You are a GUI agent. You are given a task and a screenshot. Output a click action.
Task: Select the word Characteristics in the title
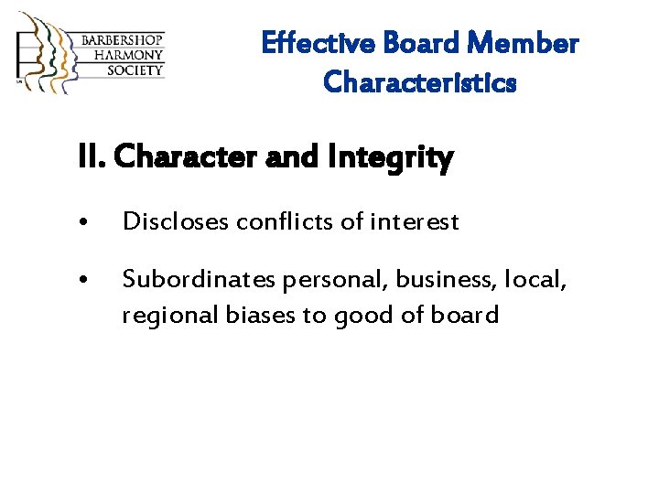[420, 83]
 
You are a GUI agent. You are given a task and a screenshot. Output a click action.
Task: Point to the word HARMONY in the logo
[123, 55]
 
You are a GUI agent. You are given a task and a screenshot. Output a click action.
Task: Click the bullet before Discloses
[84, 222]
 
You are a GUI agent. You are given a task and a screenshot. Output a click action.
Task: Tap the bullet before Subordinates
[84, 278]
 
